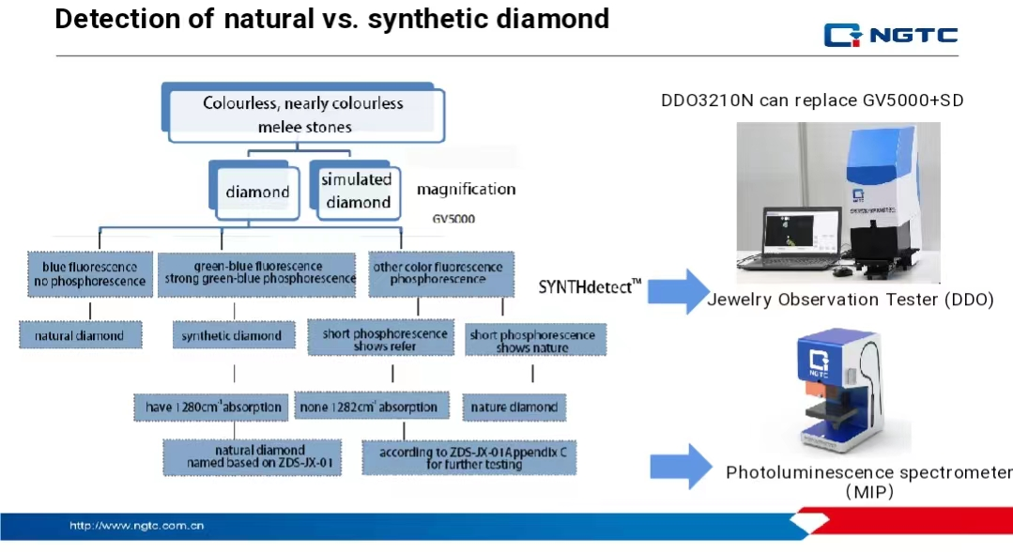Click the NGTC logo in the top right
[890, 36]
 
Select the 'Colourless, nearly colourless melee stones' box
[303, 114]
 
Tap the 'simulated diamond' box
[357, 191]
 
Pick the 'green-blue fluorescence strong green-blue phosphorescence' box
[256, 273]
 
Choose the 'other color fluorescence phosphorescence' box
[437, 273]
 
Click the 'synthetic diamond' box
[231, 335]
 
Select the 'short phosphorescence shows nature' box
[532, 341]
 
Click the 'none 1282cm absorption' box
[367, 408]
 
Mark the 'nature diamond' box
[514, 408]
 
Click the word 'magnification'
[466, 190]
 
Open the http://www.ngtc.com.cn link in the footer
[137, 526]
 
